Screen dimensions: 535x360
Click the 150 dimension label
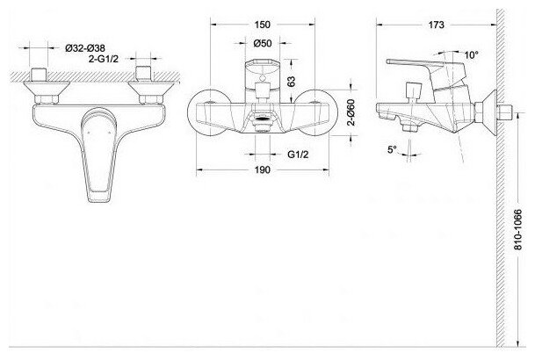(262, 25)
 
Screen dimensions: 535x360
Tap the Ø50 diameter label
(263, 43)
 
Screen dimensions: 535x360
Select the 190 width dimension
(262, 169)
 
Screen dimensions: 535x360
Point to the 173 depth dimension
(437, 25)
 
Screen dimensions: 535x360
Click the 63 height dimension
(292, 81)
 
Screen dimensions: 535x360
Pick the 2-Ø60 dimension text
(351, 112)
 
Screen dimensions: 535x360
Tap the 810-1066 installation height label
(518, 230)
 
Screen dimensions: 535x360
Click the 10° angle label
(472, 55)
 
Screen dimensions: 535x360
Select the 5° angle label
(393, 149)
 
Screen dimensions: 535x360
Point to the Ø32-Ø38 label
(85, 48)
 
